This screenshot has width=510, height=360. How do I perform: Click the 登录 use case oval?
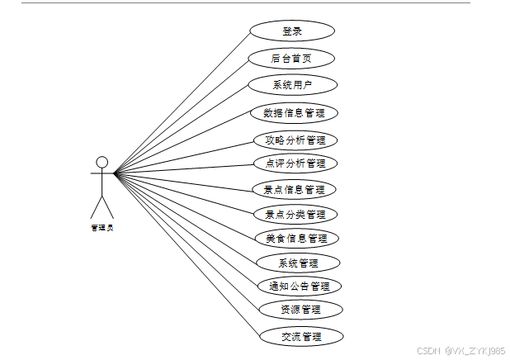tap(292, 31)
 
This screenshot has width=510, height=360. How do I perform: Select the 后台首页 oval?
tap(292, 59)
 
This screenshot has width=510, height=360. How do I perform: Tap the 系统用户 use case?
tap(292, 84)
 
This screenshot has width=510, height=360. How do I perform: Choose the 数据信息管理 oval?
tap(294, 113)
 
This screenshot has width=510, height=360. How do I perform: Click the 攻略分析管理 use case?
tap(295, 140)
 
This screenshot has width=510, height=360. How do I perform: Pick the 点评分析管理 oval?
tap(295, 163)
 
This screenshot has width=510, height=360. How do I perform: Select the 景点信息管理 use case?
tap(294, 189)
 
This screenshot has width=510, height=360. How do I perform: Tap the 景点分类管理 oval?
tap(295, 214)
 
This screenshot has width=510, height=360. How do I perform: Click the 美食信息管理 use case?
tap(296, 238)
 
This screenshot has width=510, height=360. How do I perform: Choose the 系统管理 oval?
tap(298, 263)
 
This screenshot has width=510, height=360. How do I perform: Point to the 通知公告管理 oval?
tap(299, 286)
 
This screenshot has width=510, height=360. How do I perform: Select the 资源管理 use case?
tap(300, 310)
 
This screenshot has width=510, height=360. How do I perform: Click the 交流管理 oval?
tap(300, 336)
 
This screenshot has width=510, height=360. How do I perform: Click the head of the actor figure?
tap(102, 161)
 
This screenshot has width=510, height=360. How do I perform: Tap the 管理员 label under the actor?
tap(102, 227)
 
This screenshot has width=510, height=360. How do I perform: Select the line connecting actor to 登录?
tap(182, 102)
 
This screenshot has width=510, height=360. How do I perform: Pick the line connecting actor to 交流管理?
tap(187, 255)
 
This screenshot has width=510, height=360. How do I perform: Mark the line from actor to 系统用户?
tap(182, 129)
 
